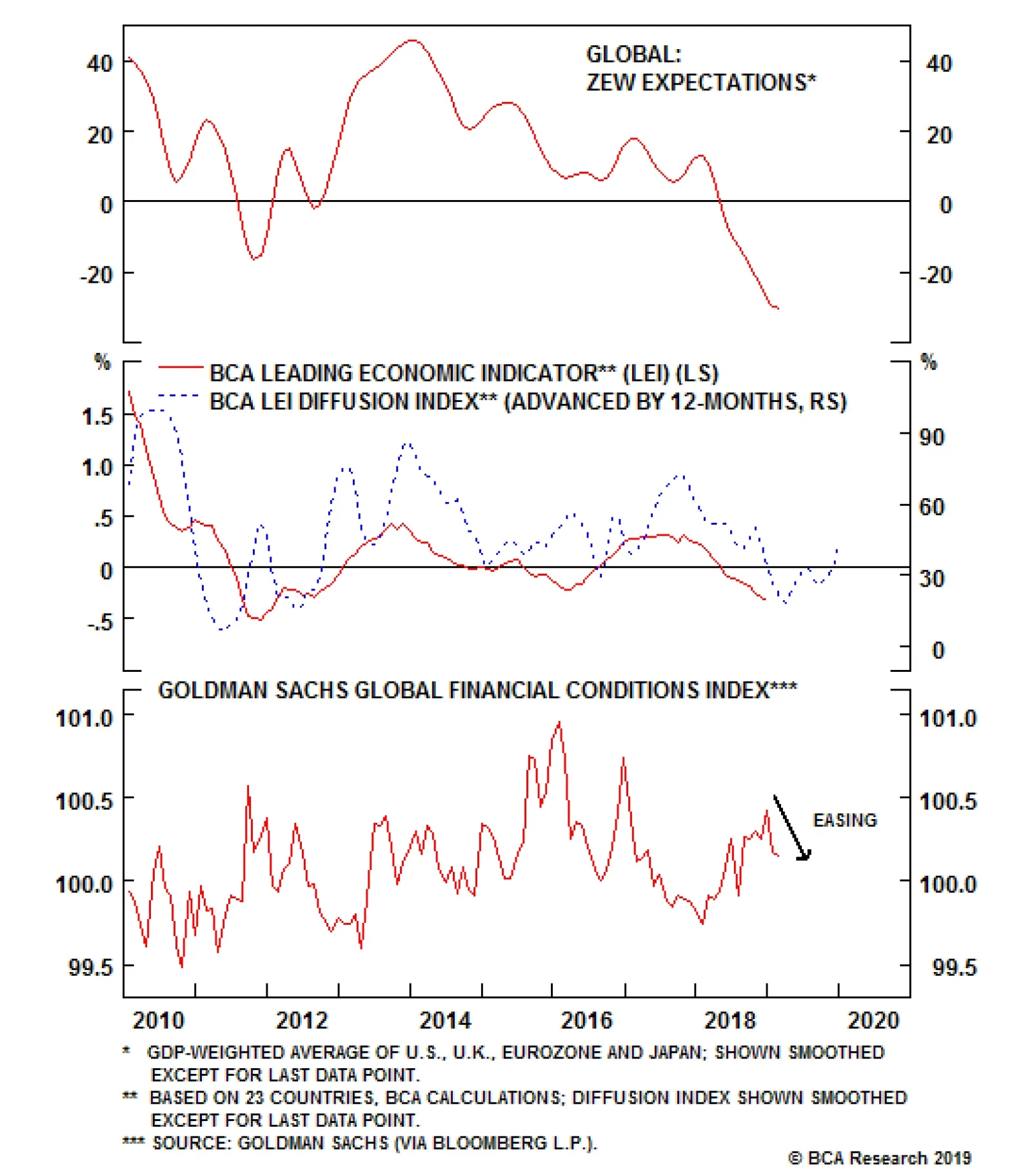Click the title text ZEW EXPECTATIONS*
(700, 83)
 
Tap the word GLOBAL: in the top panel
(633, 54)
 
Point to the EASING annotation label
(844, 820)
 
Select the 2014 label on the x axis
(445, 1020)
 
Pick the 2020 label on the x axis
(873, 1020)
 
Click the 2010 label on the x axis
(159, 1020)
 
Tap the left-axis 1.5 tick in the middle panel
(97, 417)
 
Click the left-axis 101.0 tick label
(84, 718)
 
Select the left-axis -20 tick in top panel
(96, 275)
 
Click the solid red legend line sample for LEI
(181, 367)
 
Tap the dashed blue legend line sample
(179, 395)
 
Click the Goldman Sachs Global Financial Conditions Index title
(477, 690)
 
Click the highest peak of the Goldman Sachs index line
(559, 722)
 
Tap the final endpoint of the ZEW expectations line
(779, 308)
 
